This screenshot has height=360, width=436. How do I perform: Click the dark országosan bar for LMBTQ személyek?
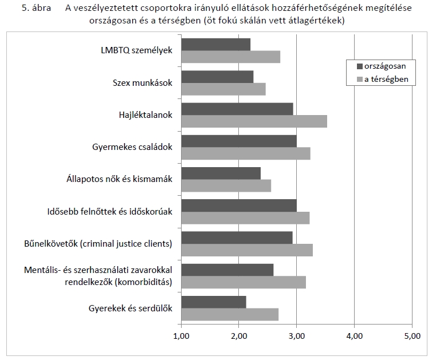tap(215, 44)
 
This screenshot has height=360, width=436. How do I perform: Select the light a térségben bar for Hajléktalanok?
tap(254, 121)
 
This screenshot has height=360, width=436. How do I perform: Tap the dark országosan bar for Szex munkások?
tap(217, 76)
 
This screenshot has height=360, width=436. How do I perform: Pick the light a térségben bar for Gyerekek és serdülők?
tap(230, 314)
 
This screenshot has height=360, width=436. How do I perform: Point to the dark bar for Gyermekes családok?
tap(239, 141)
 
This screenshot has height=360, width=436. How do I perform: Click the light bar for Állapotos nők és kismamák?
tap(226, 185)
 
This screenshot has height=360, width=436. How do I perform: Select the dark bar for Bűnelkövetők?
tap(237, 238)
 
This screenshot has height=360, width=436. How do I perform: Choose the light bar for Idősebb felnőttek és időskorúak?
tap(245, 217)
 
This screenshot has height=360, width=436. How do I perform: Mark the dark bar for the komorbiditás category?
tap(227, 270)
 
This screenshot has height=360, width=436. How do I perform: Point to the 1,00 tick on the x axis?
tap(181, 335)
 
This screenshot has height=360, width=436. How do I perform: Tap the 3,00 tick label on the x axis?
tap(296, 335)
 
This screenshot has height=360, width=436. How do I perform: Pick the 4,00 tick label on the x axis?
tap(354, 335)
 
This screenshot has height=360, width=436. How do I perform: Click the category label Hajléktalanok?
tap(142, 114)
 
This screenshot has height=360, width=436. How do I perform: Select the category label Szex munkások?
tap(142, 82)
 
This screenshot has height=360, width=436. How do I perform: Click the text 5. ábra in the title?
tap(36, 9)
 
